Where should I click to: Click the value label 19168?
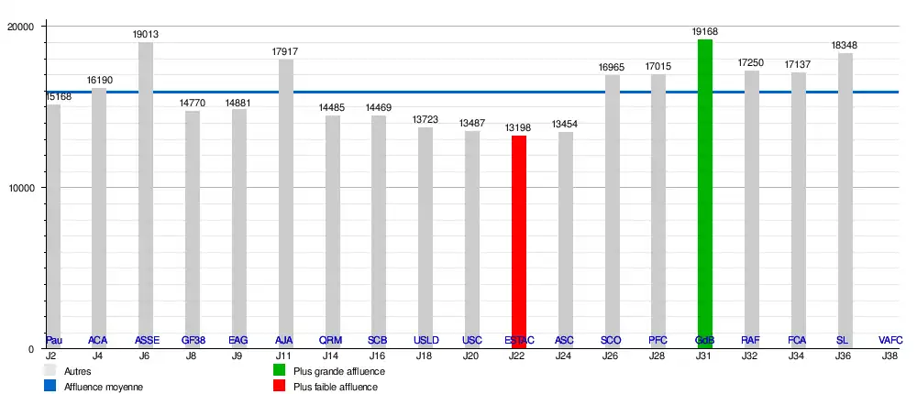click(704, 31)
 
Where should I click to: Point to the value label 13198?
click(519, 127)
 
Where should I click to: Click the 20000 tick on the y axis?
click(20, 27)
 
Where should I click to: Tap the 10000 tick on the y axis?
click(20, 188)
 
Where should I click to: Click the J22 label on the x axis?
click(519, 355)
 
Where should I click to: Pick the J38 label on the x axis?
click(889, 355)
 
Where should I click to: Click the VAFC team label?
click(889, 340)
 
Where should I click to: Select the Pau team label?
click(53, 340)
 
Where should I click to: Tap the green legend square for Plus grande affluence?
click(280, 371)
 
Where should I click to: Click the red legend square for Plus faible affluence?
click(280, 387)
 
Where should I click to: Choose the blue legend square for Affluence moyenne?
click(50, 387)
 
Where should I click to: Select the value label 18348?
click(845, 45)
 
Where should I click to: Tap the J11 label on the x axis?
click(285, 355)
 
